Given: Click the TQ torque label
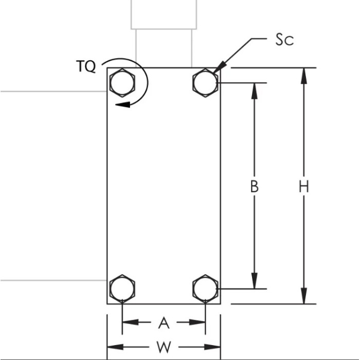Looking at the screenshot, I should (86, 67).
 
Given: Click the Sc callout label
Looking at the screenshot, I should (284, 40).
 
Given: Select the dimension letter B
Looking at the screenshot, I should (254, 186).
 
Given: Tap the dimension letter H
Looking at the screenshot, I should (304, 186).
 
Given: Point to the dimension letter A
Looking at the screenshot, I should (164, 322).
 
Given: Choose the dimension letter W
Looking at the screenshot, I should (164, 347).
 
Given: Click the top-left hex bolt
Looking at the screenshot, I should (122, 82).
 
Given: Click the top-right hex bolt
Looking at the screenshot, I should (205, 82).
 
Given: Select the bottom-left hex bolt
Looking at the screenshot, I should (122, 289).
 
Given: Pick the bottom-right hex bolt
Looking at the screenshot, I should (205, 289).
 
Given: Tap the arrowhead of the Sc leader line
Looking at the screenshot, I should (217, 70).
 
